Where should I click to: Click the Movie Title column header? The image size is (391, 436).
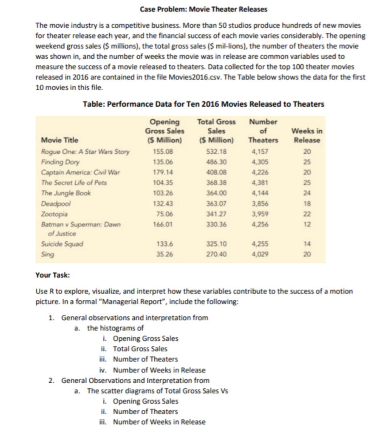(60, 140)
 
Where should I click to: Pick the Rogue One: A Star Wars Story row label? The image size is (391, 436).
(85, 151)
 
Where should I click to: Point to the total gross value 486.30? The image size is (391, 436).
(216, 162)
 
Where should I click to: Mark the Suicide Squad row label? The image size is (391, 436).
(62, 244)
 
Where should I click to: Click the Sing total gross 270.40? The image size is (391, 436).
(216, 254)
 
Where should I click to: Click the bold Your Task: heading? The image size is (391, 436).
(53, 275)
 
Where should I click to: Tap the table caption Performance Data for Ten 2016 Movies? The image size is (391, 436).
(204, 104)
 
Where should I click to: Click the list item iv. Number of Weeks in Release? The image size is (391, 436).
(154, 370)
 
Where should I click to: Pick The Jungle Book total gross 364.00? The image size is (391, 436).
(216, 193)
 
